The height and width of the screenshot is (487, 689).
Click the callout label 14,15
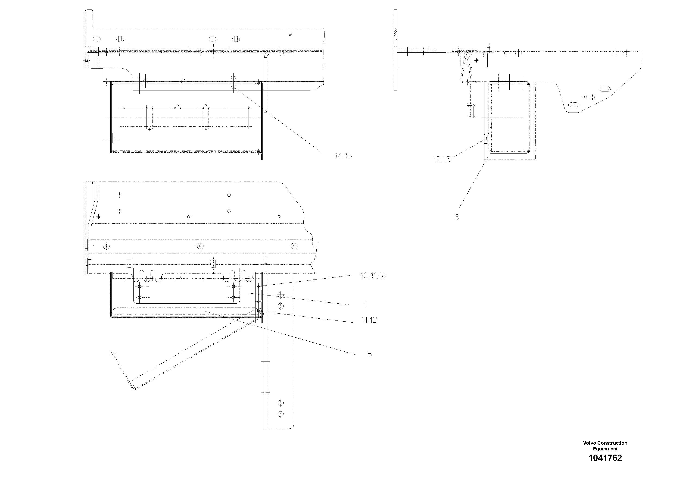click(343, 156)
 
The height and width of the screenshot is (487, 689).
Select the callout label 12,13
click(442, 159)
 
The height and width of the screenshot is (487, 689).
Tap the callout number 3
click(456, 217)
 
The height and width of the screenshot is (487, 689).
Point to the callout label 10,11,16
click(373, 276)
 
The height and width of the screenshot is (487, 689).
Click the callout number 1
click(365, 305)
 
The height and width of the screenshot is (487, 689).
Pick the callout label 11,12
click(369, 320)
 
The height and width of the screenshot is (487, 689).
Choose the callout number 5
click(369, 354)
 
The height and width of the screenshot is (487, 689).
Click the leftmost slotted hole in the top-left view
click(97, 39)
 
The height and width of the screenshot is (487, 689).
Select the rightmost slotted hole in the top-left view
click(236, 39)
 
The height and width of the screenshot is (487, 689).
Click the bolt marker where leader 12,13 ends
click(487, 139)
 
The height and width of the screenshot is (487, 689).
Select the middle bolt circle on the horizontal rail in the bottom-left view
click(200, 246)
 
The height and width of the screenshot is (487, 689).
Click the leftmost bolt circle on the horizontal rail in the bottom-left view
click(106, 246)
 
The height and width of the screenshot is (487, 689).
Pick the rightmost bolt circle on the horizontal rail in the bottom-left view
click(294, 246)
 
